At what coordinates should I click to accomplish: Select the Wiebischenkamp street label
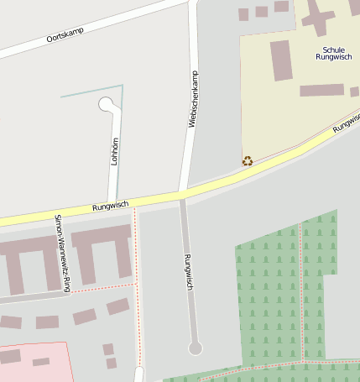point(193,99)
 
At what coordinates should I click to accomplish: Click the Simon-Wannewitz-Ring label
point(61,253)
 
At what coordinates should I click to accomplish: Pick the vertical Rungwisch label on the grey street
point(188,272)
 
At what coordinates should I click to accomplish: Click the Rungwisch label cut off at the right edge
point(346,123)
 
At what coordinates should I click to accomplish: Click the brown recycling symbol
point(248,160)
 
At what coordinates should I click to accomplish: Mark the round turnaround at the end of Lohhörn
point(107,104)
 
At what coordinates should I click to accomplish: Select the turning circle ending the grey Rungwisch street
point(196,348)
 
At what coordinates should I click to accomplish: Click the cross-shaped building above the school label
point(317,16)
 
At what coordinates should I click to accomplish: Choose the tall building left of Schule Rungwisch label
point(281,60)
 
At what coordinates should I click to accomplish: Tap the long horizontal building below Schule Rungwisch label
point(321,90)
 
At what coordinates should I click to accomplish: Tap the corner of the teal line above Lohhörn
point(123,86)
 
